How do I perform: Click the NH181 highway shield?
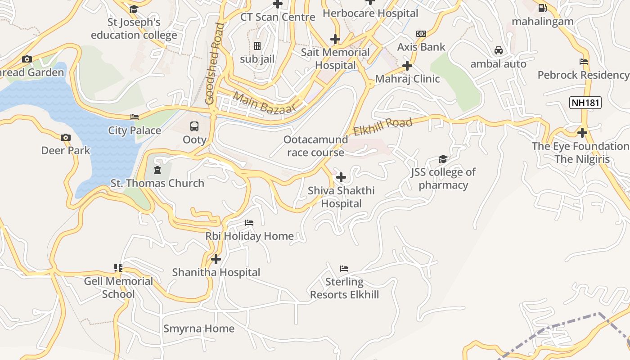585,103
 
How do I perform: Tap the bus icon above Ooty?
194,126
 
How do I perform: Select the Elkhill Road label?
382,126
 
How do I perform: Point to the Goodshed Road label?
214,63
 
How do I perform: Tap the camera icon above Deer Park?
66,137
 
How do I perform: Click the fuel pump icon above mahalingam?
542,8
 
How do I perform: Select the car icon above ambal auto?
498,50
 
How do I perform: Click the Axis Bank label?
421,47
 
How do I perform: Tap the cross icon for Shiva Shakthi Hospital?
341,177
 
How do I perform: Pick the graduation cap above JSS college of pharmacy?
443,159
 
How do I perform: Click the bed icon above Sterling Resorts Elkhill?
344,269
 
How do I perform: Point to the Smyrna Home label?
199,328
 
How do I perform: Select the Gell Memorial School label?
118,288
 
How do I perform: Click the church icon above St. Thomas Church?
157,170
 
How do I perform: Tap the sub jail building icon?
257,46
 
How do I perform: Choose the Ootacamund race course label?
316,146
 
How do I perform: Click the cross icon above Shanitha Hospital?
216,259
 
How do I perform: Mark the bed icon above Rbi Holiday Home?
249,223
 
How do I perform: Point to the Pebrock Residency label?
583,75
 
